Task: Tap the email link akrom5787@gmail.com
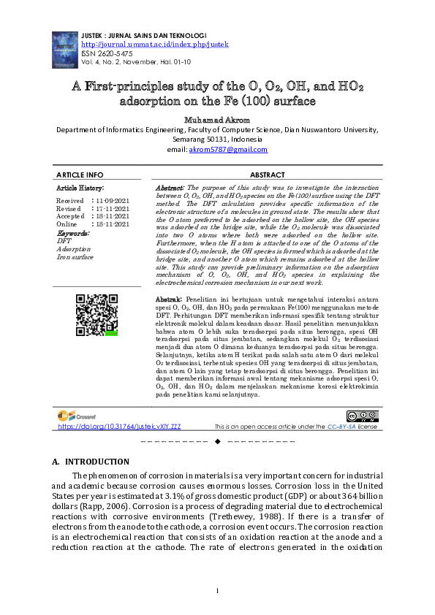click(228, 149)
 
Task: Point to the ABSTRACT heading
click(267, 175)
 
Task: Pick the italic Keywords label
click(73, 232)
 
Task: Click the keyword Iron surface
click(75, 257)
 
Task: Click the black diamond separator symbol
click(217, 442)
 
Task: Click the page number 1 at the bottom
click(217, 590)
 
